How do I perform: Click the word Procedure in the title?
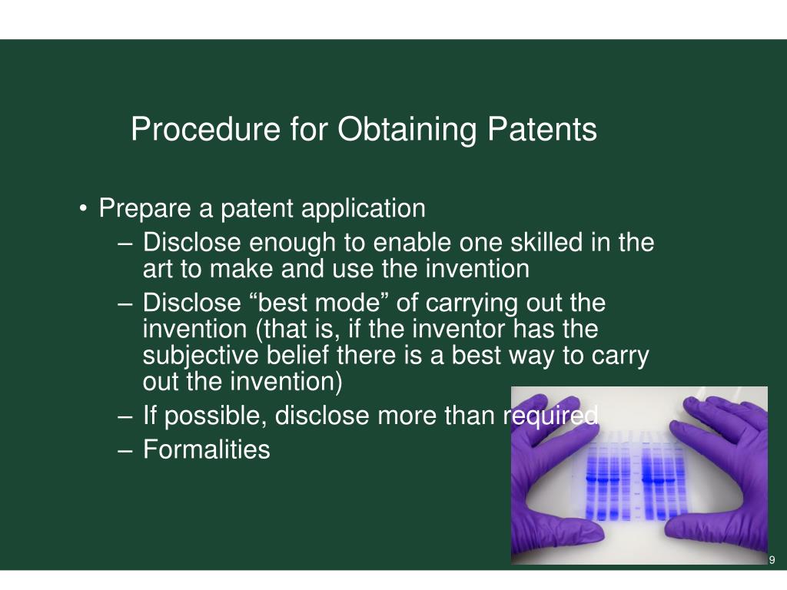(205, 129)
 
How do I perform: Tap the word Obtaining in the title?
(407, 130)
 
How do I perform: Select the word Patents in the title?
(542, 129)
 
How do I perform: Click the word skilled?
(546, 242)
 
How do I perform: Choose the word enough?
(292, 244)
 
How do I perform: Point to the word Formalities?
(207, 449)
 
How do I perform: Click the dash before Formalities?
(125, 450)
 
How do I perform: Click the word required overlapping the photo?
(550, 416)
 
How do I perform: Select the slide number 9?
(772, 560)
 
